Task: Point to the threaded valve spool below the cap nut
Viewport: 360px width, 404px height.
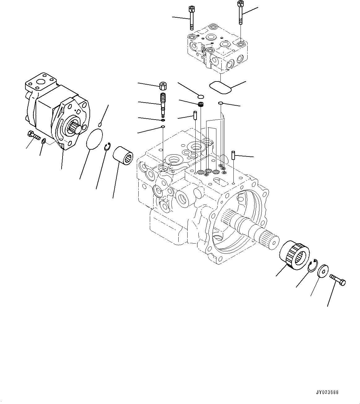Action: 163,104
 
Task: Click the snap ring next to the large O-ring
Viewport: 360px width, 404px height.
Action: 107,147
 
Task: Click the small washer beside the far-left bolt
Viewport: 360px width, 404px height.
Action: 44,141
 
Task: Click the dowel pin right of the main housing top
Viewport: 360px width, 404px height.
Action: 234,155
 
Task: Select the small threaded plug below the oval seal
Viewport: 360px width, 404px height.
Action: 200,105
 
